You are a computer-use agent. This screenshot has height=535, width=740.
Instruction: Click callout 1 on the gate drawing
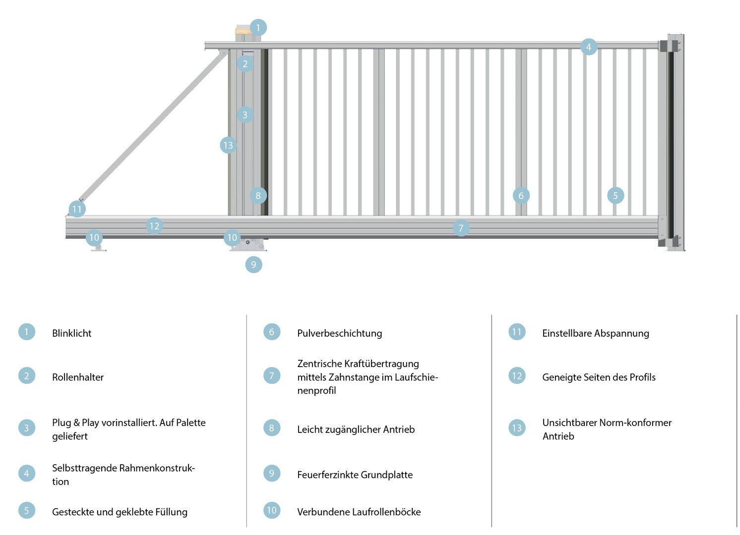(x=258, y=28)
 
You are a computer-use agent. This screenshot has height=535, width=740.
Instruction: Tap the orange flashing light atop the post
(x=243, y=31)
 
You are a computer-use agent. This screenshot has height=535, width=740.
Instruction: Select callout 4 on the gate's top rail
(x=588, y=47)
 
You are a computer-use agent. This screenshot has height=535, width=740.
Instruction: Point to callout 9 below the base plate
(x=253, y=265)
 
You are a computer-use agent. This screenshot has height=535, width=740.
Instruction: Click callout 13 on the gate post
(x=228, y=145)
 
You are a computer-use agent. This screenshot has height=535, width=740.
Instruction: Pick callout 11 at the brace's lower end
(x=77, y=209)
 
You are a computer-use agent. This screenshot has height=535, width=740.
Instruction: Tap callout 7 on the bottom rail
(x=461, y=228)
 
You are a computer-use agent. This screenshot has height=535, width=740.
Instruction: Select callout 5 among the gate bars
(x=615, y=196)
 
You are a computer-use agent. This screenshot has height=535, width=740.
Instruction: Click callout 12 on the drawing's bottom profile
(x=154, y=226)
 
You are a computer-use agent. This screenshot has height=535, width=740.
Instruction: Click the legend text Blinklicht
(x=72, y=333)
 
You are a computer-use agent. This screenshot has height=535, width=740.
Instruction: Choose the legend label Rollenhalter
(x=78, y=377)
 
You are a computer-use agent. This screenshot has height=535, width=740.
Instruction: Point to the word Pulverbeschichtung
(x=339, y=333)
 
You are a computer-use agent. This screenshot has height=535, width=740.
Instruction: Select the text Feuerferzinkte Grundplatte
(x=355, y=475)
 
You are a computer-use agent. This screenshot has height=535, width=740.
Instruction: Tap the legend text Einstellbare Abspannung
(x=595, y=333)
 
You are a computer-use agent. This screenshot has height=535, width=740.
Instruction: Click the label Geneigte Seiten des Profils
(x=599, y=377)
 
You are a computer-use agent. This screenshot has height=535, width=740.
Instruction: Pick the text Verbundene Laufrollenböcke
(x=359, y=512)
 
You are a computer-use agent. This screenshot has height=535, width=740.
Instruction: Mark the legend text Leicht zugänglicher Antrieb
(x=356, y=429)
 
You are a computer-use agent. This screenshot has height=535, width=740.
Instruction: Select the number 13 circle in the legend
(x=517, y=428)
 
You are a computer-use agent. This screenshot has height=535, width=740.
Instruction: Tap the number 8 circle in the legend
(x=272, y=428)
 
